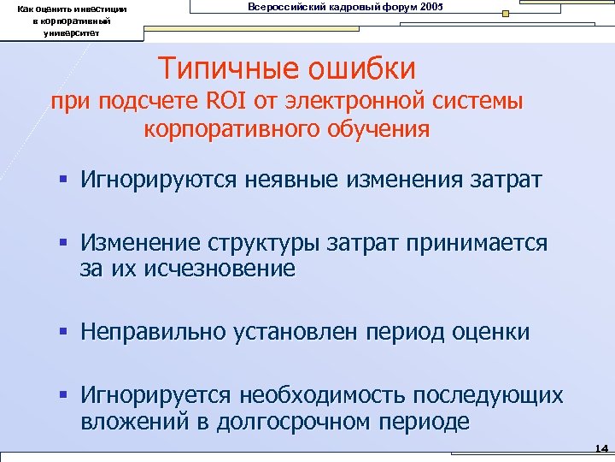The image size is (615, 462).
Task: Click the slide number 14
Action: [600, 448]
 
